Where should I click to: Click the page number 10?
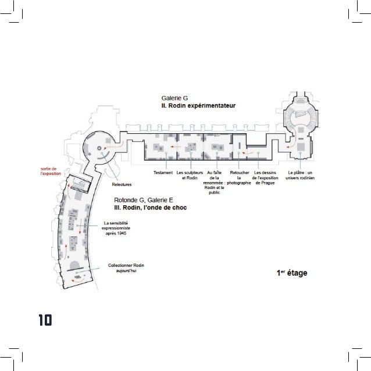tap(44, 320)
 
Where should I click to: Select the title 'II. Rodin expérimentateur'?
tap(198, 107)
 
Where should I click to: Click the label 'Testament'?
tap(163, 173)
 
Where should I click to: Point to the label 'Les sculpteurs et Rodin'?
tap(190, 175)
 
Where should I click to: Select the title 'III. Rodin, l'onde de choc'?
tap(151, 208)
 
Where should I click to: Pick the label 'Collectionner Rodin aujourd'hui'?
tap(126, 269)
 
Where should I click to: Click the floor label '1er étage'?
tap(292, 272)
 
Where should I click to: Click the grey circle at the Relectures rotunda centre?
tap(99, 149)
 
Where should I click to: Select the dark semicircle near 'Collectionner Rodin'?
tap(75, 267)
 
